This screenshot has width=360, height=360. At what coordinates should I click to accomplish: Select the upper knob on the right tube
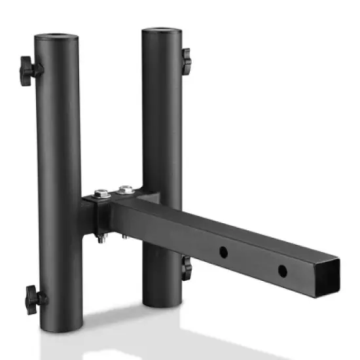[187, 60]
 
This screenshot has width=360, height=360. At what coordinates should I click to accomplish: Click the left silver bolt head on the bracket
[102, 194]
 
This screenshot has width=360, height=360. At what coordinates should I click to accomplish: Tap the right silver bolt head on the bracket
[126, 190]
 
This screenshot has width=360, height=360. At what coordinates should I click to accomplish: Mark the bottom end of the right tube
[162, 302]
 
